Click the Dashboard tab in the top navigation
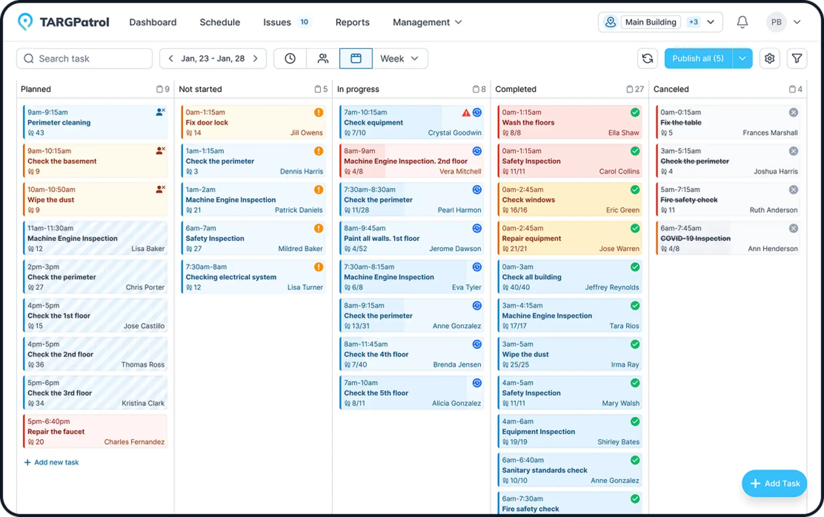[x=153, y=22]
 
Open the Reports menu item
[x=352, y=22]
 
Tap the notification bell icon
[x=742, y=22]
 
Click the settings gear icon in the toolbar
[x=769, y=59]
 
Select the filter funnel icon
[x=797, y=59]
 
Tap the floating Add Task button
[x=775, y=484]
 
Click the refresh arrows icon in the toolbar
[x=648, y=59]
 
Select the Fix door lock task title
[x=207, y=123]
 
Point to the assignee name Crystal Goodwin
[x=454, y=133]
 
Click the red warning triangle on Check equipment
[x=466, y=113]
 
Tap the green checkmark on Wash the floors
[x=635, y=113]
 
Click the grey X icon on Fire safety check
[x=794, y=190]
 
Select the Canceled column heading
[x=671, y=89]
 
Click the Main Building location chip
[x=651, y=22]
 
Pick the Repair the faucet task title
[x=56, y=432]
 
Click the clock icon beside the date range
[x=290, y=59]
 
